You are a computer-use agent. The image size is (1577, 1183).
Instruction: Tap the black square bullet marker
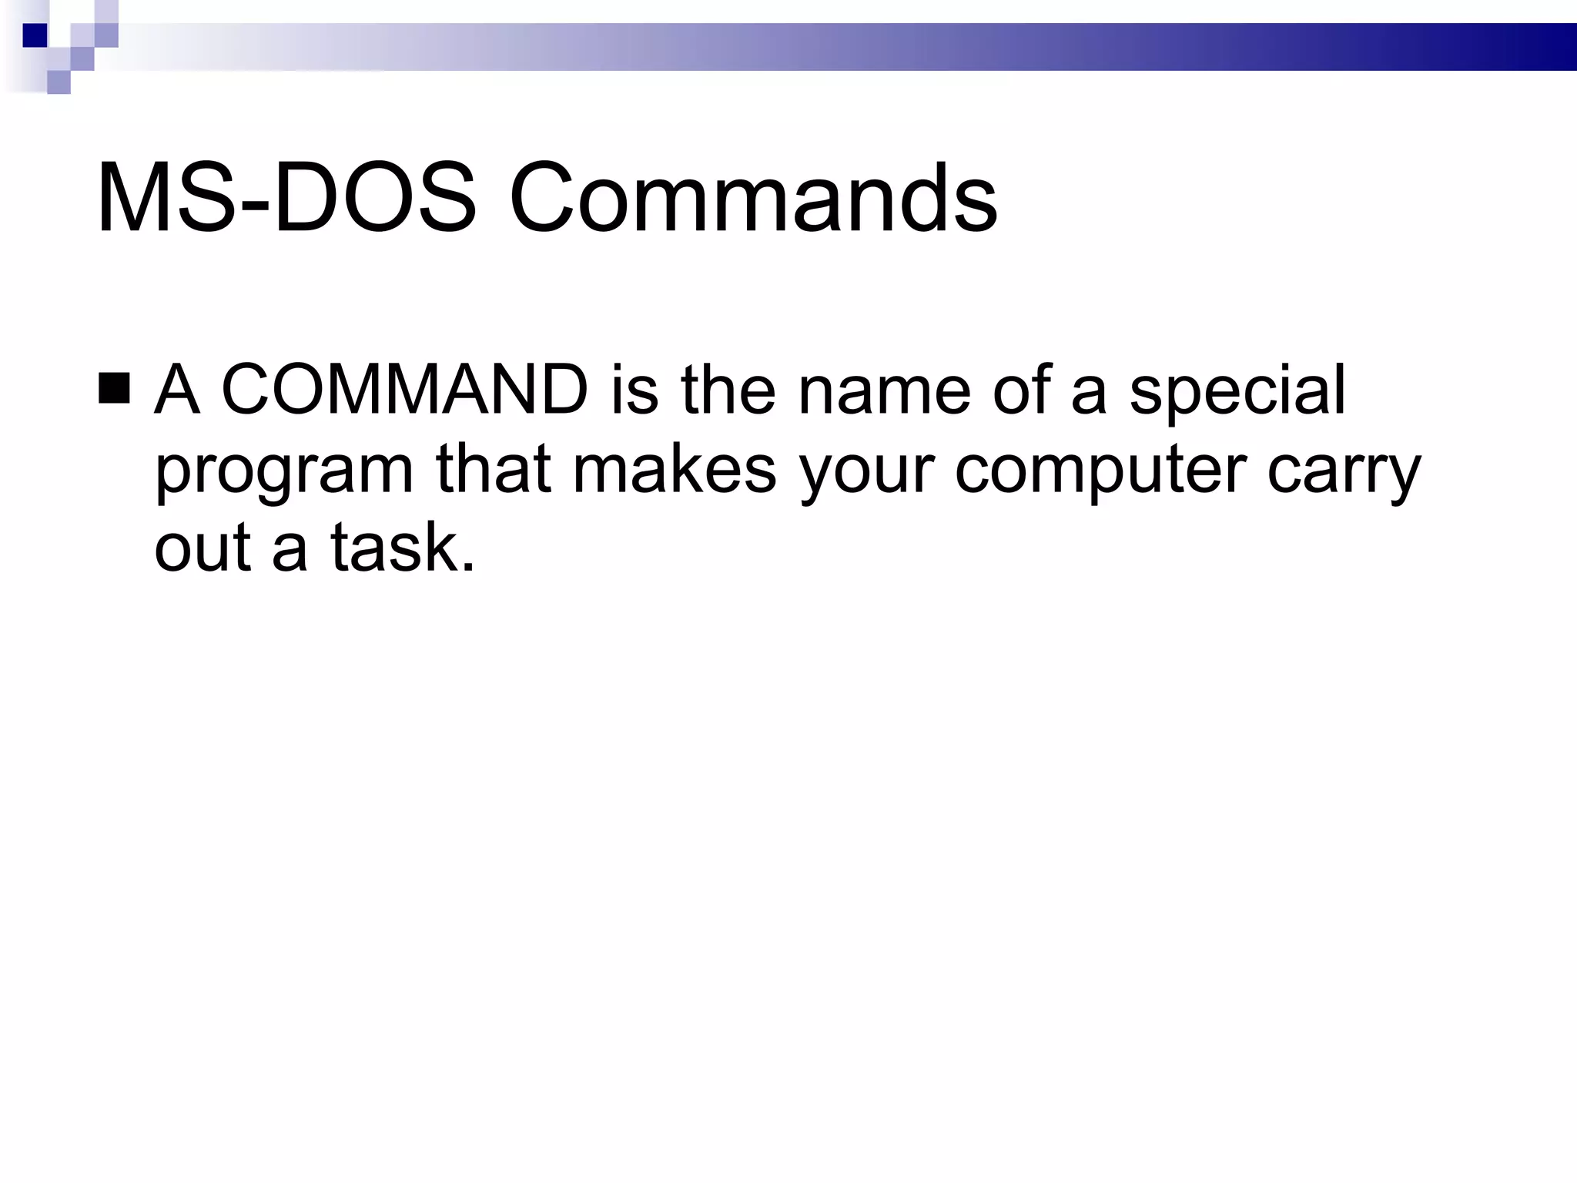(x=114, y=389)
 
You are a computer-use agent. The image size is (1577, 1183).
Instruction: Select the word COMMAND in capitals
(x=405, y=390)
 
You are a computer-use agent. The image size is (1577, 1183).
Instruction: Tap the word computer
(x=1101, y=471)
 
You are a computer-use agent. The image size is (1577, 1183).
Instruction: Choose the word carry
(x=1344, y=471)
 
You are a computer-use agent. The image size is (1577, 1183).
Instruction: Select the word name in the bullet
(x=884, y=391)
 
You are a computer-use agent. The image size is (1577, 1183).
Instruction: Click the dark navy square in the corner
(x=35, y=35)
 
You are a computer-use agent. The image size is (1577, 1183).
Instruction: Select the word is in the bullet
(x=634, y=390)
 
